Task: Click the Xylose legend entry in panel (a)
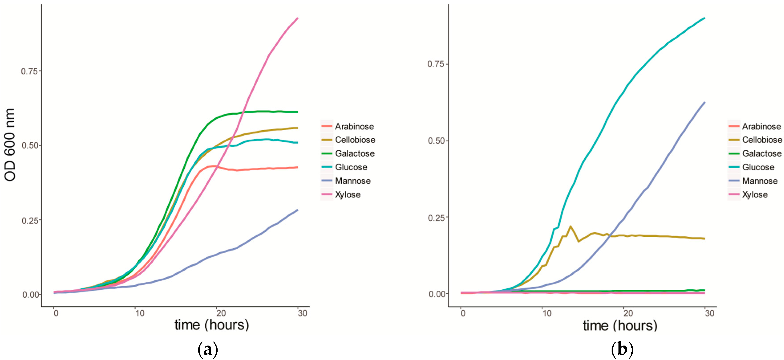(348, 195)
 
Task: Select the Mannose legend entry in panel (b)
(760, 181)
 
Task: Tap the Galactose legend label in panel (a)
(355, 153)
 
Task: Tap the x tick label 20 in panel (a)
(221, 313)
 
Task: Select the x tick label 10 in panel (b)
(547, 313)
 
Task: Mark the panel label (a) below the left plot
(208, 350)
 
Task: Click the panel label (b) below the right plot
(622, 350)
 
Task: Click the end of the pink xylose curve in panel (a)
(297, 18)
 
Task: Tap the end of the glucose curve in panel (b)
(704, 18)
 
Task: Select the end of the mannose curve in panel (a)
(297, 210)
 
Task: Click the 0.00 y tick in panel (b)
(436, 294)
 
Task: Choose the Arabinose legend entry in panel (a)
(354, 126)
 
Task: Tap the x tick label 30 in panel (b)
(709, 313)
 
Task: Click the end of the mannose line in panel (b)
(705, 103)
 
